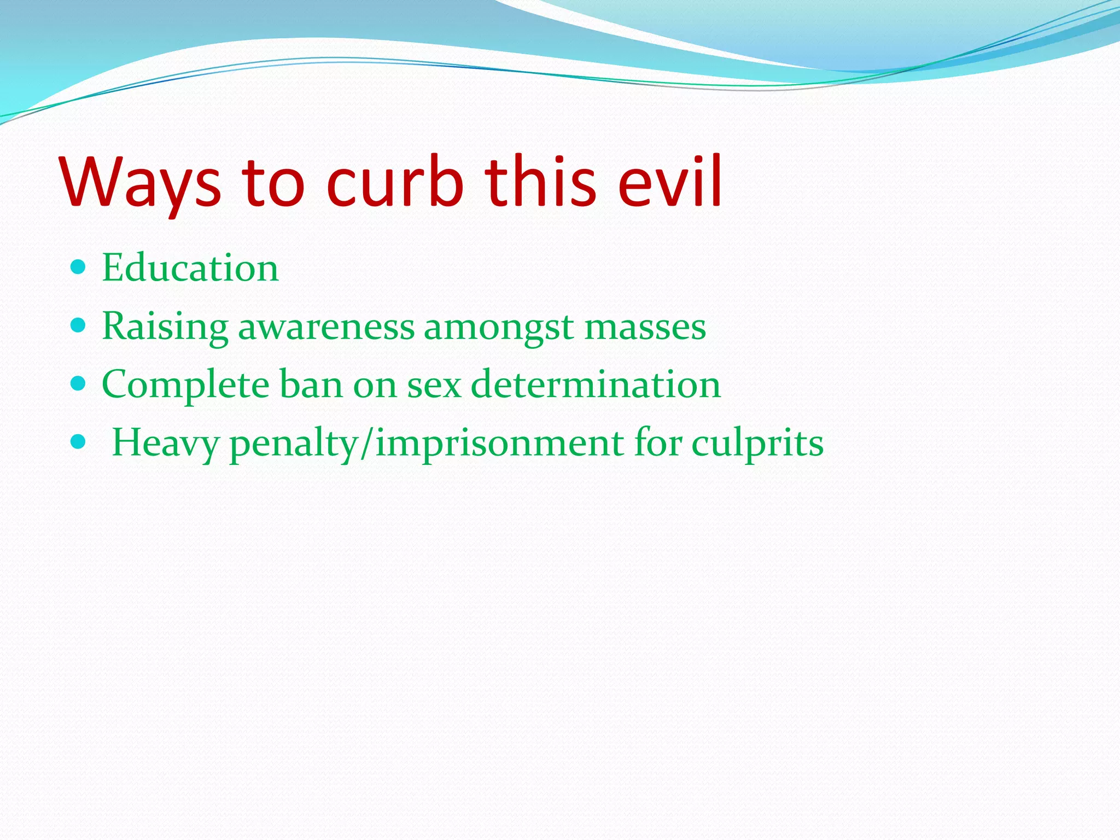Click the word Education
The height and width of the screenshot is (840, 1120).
(190, 268)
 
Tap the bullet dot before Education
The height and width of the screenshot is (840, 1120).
(79, 267)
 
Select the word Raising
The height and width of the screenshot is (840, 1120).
(165, 327)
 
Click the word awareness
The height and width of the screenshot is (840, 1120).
(326, 327)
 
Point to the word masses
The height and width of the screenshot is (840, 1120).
(645, 327)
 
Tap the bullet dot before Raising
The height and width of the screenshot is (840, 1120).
(79, 326)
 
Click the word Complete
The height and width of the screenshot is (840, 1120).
(185, 385)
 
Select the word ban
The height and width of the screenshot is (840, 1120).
(311, 385)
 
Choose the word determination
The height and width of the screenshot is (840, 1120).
(596, 385)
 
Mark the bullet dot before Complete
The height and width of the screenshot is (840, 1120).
(79, 384)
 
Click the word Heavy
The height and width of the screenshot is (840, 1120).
(165, 444)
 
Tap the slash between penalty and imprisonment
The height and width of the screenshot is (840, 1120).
(366, 444)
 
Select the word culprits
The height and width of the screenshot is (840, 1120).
(757, 444)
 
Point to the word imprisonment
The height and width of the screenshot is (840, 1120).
(499, 444)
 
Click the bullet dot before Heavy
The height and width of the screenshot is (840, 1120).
(79, 442)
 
